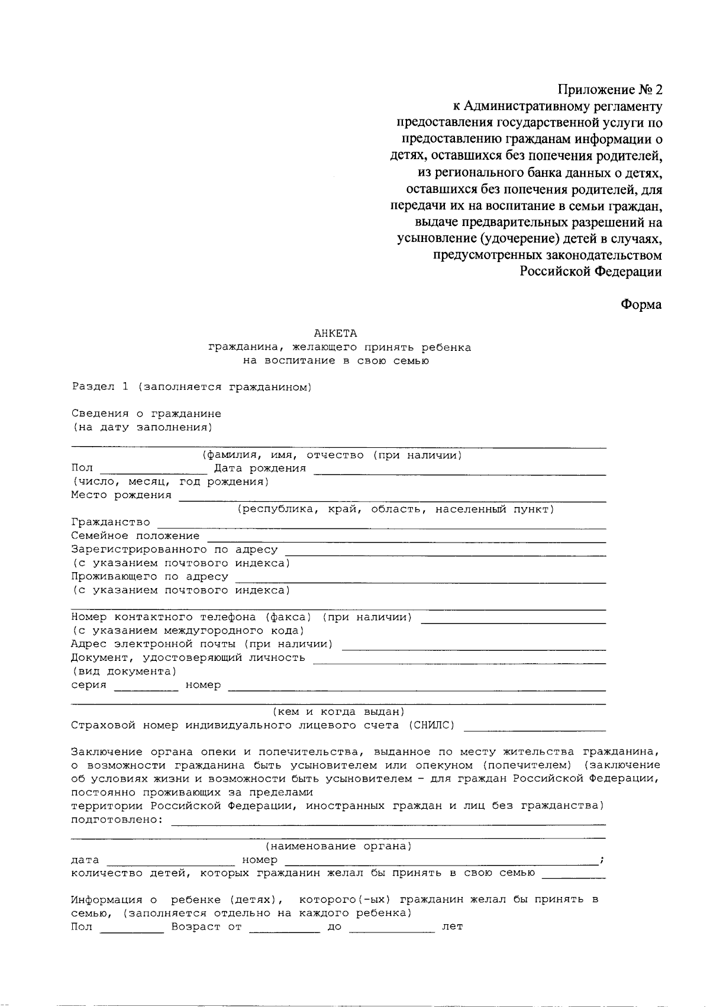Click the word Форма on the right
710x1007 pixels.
click(641, 305)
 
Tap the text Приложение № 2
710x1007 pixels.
click(610, 90)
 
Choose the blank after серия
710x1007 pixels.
click(146, 687)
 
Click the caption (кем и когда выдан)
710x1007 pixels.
click(338, 712)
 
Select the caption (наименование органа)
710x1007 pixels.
click(338, 847)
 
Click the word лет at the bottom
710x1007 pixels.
click(452, 927)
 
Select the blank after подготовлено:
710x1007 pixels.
click(388, 821)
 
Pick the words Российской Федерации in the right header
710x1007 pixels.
click(590, 272)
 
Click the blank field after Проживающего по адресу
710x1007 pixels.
click(421, 579)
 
